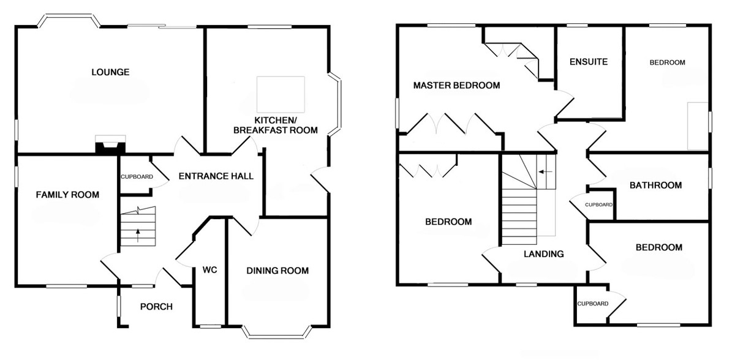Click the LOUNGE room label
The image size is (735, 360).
point(110,72)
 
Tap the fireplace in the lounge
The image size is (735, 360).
point(110,144)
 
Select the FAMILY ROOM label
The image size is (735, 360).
point(67,195)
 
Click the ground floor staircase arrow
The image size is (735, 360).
point(138,236)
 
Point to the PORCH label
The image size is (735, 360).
point(156,307)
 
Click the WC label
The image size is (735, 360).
point(209,270)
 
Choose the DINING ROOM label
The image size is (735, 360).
point(277,271)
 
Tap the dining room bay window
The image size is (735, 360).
point(277,332)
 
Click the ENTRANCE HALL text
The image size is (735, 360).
point(216,176)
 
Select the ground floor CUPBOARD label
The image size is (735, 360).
point(137,177)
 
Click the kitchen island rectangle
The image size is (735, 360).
point(281,94)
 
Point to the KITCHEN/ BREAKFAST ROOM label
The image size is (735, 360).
point(276,126)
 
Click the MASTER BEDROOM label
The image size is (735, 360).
point(457,86)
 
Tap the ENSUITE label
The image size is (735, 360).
point(589,62)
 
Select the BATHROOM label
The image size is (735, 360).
point(655,186)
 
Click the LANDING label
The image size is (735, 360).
point(544,253)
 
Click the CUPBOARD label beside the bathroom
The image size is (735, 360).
point(599,204)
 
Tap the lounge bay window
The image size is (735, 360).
point(69,20)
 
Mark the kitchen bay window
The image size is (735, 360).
point(335,104)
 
